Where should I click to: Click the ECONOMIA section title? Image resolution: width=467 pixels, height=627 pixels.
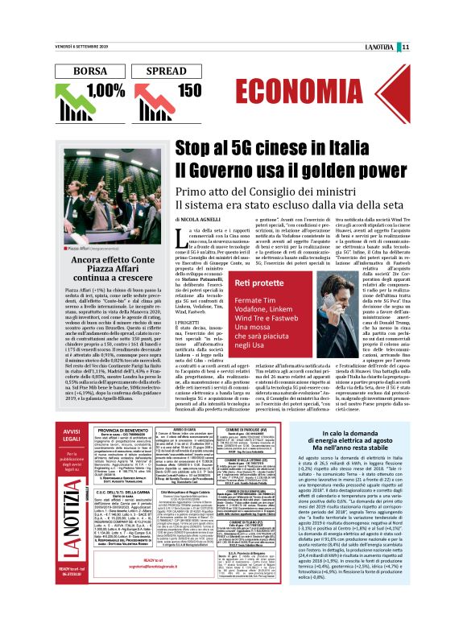[x=306, y=89]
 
